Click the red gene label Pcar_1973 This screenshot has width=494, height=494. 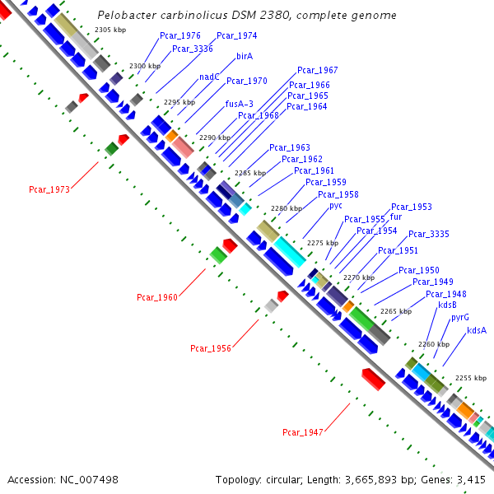[x=49, y=189]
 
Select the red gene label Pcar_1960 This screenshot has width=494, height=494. [x=156, y=297]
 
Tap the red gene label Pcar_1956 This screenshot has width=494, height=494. [x=210, y=348]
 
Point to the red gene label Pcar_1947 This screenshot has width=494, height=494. [x=302, y=432]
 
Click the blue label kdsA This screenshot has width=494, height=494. [x=477, y=330]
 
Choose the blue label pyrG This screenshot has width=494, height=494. [x=459, y=317]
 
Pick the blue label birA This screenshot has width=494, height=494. [x=244, y=57]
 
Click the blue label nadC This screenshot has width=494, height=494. [x=209, y=77]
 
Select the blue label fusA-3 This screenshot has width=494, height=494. [x=240, y=104]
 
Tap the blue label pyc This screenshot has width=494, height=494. [x=336, y=205]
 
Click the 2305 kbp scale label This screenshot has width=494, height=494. [x=110, y=30]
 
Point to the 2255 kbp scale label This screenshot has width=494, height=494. [x=471, y=377]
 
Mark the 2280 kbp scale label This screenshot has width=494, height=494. [x=287, y=208]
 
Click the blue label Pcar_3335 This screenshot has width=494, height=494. [x=428, y=234]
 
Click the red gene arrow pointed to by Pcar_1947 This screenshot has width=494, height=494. [x=374, y=379]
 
